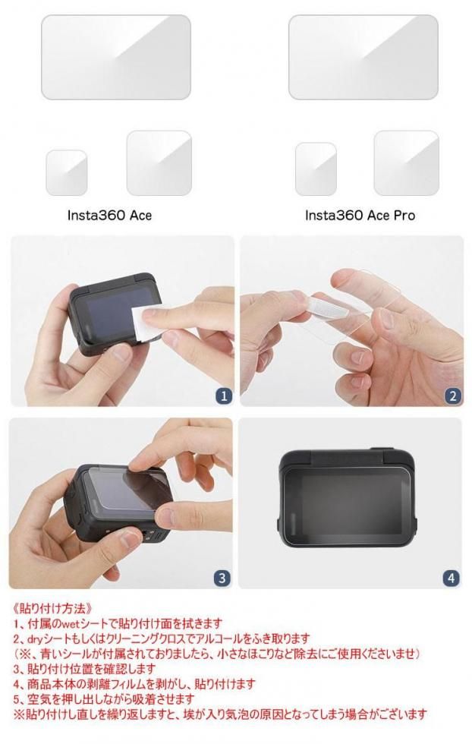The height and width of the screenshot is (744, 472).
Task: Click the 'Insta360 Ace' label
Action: click(x=109, y=216)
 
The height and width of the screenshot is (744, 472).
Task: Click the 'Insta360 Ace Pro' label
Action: click(x=360, y=216)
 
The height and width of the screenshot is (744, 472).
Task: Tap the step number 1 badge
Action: click(x=224, y=396)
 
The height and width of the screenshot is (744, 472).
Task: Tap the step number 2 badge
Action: click(x=453, y=396)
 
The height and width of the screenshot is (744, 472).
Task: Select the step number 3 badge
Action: click(x=222, y=578)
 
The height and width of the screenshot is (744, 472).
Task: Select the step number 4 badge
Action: click(x=451, y=578)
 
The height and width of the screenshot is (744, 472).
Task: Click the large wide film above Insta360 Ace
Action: click(x=116, y=57)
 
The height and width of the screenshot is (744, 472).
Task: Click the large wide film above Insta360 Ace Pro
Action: click(x=363, y=57)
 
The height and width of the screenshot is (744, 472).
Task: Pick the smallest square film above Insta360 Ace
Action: click(x=67, y=173)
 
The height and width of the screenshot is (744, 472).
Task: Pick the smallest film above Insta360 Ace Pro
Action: click(x=316, y=169)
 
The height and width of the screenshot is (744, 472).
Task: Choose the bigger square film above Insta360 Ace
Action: click(x=159, y=162)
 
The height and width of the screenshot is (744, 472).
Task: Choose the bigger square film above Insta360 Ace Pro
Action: click(x=407, y=162)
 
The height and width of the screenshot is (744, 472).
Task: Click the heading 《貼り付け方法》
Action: click(x=50, y=608)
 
